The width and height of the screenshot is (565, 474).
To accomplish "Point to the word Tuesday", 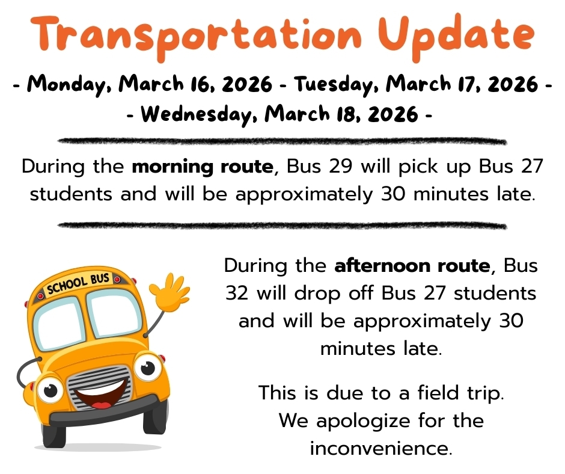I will (333, 84).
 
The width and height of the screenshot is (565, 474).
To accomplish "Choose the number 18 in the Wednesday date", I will (318, 113).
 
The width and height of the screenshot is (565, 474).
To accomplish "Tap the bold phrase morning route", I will (202, 166).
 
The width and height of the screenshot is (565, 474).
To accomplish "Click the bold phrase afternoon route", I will (412, 265).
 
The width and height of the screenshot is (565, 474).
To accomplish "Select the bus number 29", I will (340, 166).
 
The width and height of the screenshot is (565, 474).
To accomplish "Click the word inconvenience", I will (380, 448).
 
